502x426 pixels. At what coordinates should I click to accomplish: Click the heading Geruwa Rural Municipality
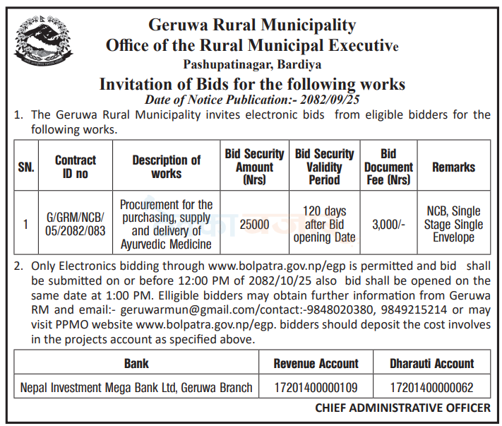(251, 25)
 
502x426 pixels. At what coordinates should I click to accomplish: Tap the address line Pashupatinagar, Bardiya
(251, 66)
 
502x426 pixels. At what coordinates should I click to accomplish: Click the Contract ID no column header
(76, 167)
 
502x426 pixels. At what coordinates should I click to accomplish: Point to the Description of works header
(166, 167)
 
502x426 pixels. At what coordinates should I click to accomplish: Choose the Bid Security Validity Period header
(324, 167)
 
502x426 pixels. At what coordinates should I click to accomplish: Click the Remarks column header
(453, 167)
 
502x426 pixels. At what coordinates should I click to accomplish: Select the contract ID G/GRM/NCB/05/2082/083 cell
(76, 225)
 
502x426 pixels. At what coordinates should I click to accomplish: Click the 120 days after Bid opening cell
(324, 225)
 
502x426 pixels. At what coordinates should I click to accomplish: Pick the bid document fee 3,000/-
(388, 225)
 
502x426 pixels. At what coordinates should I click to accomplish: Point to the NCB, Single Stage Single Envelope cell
(453, 225)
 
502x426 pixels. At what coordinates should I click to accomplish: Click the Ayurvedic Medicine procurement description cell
(166, 225)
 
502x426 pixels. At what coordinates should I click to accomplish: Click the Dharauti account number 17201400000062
(431, 388)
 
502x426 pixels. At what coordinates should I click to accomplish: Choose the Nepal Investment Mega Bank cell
(136, 388)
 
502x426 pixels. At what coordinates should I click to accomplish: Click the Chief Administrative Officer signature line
(402, 408)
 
